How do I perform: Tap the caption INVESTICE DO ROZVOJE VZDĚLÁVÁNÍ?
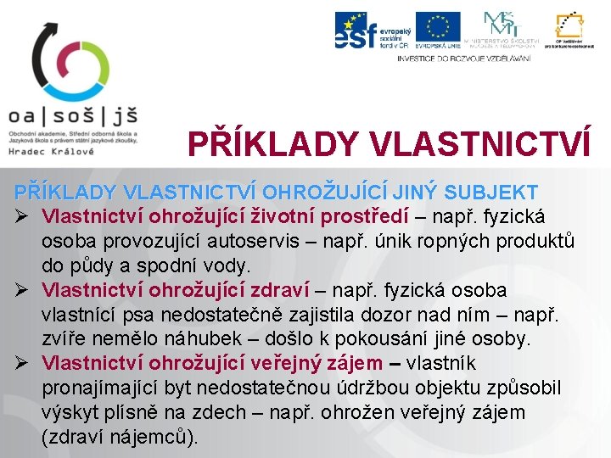pos(463,58)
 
